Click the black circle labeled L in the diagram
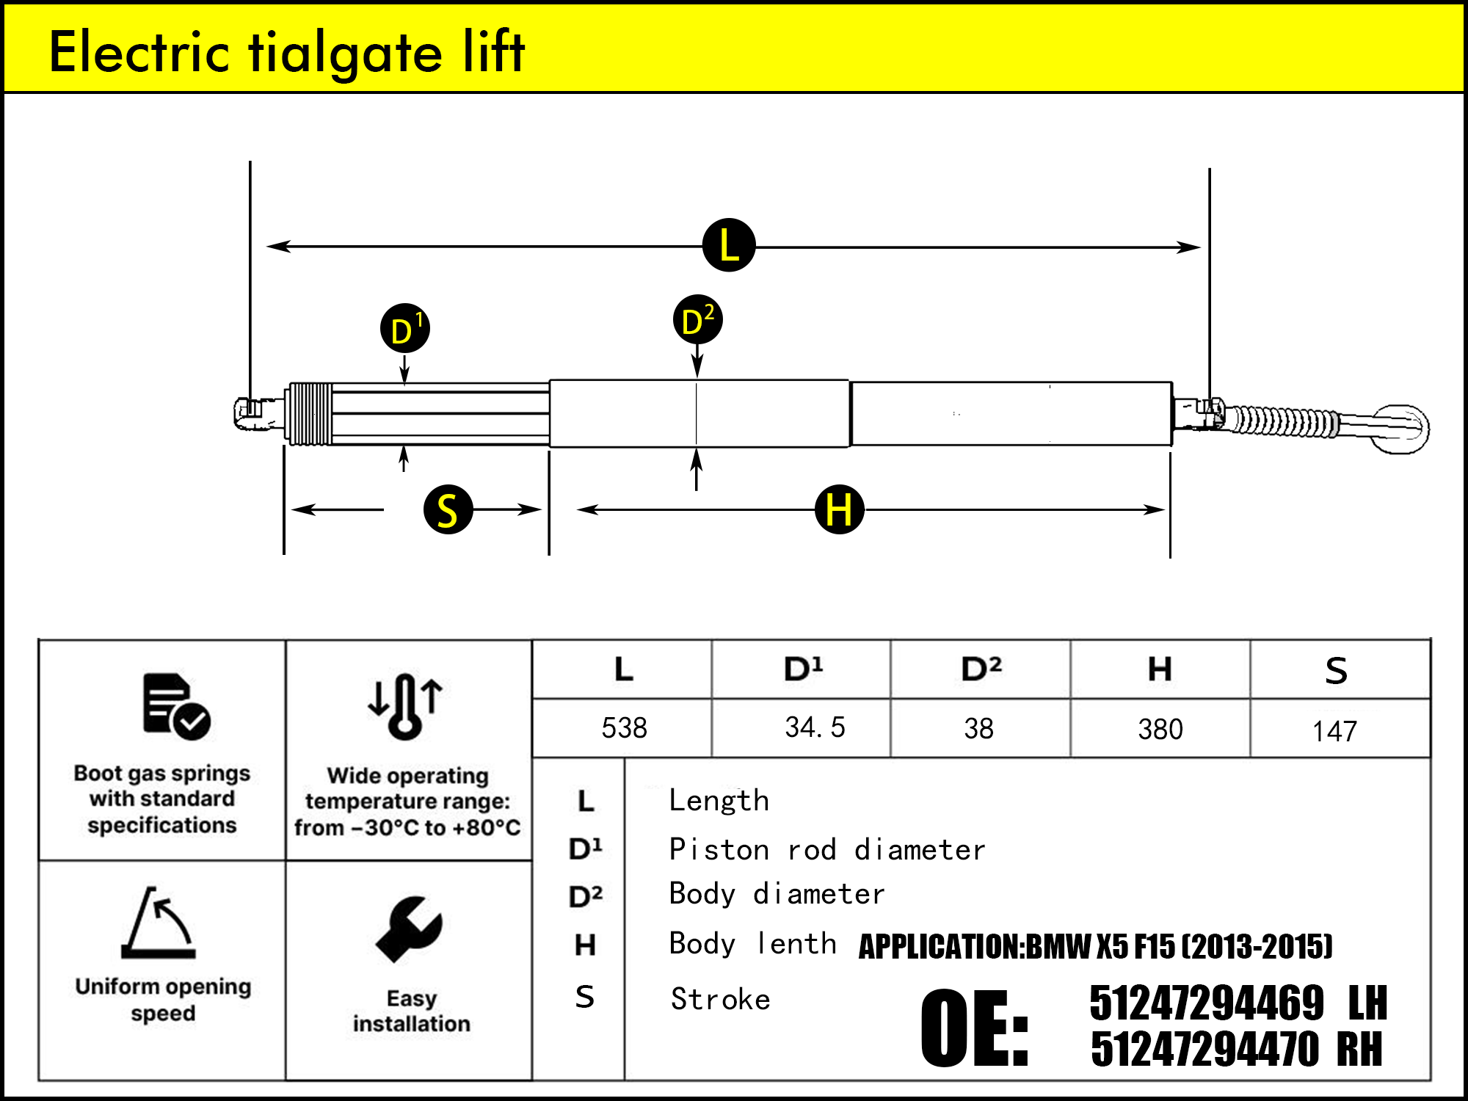coord(729,245)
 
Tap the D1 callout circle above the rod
coord(405,328)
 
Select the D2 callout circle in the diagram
coord(697,320)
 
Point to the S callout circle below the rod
coord(448,509)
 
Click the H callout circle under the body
coord(839,509)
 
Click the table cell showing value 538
coord(624,728)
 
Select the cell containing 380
coord(1160,729)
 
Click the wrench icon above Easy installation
coord(410,929)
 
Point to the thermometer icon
coord(405,705)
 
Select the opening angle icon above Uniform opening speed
coord(159,923)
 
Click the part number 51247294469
coord(1207,1003)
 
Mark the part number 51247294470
coord(1204,1049)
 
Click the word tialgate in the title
coord(346,53)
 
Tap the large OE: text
coord(975,1028)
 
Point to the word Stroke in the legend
coord(720,999)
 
